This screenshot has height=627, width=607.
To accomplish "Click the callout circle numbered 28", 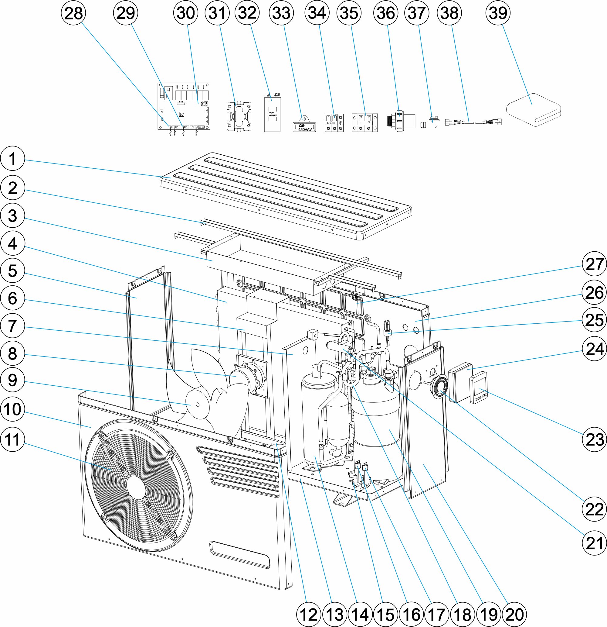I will [73, 13].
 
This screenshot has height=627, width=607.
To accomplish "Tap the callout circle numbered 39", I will [498, 13].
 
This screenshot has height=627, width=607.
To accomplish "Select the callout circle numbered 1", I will [12, 159].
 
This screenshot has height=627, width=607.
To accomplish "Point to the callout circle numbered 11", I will [12, 439].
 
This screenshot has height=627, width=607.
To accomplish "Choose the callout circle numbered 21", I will [594, 543].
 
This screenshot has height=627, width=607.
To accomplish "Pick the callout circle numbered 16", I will [412, 615].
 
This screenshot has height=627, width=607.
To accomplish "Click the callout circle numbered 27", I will [594, 264].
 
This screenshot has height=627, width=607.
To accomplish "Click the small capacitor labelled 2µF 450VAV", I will [304, 127].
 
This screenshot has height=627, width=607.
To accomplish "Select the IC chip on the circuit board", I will [181, 114].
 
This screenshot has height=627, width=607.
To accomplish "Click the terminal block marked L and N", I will [334, 123].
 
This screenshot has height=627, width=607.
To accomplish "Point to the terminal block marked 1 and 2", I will [365, 123].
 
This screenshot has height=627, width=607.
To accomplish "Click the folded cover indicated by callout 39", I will [534, 109].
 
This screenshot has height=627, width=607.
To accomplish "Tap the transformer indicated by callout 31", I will [239, 116].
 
